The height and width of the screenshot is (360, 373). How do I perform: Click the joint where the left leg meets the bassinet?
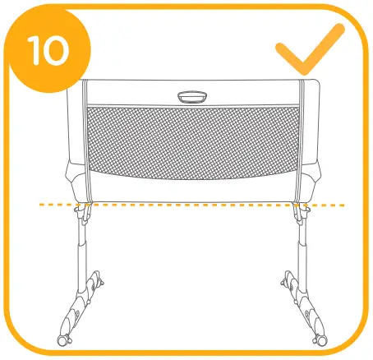point(83,211)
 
